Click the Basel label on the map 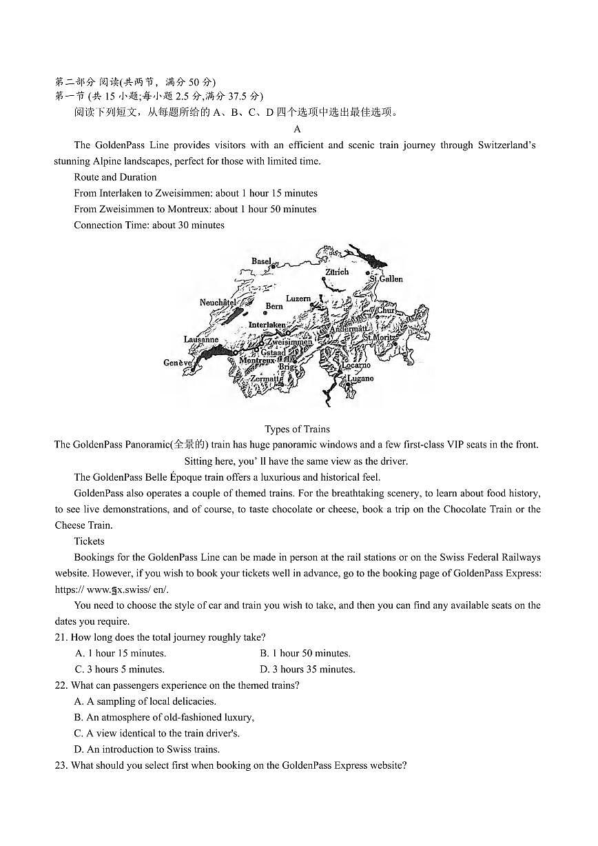coord(261,261)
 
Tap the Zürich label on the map coord(337,272)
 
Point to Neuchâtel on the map coord(218,302)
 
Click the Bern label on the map coord(274,306)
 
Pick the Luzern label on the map coord(298,299)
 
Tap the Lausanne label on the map coord(201,339)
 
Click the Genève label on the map coord(177,363)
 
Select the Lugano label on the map coord(360,379)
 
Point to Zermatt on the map coord(265,379)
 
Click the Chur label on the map coord(386,310)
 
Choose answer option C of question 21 coord(119,669)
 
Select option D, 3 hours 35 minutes coord(307,669)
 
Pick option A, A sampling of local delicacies coord(145,701)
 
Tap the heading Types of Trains coord(297,429)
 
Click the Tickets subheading coord(89,541)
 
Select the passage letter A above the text coord(297,129)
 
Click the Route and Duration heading coord(115,177)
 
